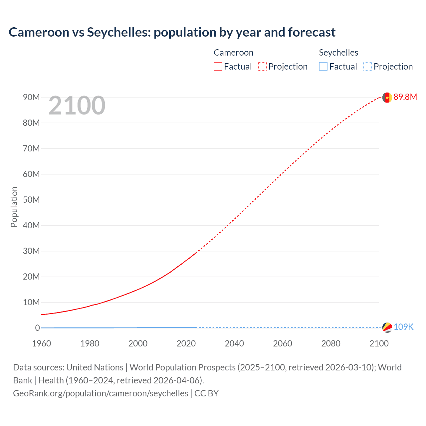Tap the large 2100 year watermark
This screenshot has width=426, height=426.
coord(77,106)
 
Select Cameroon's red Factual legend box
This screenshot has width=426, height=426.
coord(218,66)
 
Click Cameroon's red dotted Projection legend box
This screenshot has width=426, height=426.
coord(262,66)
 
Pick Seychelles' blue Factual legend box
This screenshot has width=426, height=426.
coord(323,66)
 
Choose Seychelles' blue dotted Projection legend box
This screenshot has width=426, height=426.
coord(367,66)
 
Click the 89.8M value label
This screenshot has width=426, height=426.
coord(405,97)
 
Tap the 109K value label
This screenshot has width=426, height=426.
coord(403,327)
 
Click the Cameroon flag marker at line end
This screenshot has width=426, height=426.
coord(387,98)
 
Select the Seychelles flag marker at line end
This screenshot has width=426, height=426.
coord(387,327)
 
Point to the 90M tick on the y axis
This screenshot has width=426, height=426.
coord(31,97)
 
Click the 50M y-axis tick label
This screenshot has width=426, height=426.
coord(31,200)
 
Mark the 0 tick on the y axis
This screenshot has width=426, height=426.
coord(37,328)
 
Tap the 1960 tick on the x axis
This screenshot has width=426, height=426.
coord(42,343)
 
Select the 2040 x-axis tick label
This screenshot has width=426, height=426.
coord(234,343)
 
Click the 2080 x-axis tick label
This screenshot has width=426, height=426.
coord(331,343)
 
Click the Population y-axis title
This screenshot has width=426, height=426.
coord(14,207)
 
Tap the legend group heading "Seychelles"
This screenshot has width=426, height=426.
coord(338,53)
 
